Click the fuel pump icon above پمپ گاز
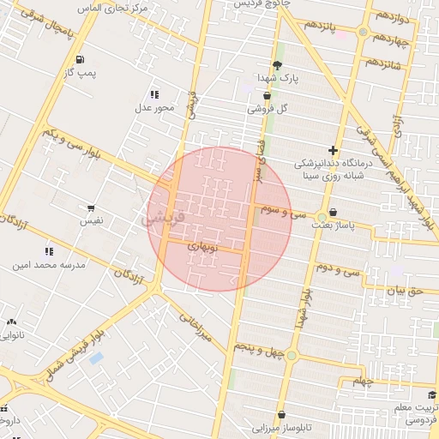[x=80, y=60]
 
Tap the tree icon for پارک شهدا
[x=276, y=65]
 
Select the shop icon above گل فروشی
[x=267, y=96]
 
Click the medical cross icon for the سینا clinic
[x=333, y=150]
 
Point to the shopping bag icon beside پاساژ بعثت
[x=333, y=213]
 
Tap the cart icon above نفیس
[x=91, y=207]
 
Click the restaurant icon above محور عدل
[x=154, y=94]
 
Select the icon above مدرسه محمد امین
[x=49, y=251]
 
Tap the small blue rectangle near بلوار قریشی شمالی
[x=96, y=358]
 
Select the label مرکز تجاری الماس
[x=111, y=7]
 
